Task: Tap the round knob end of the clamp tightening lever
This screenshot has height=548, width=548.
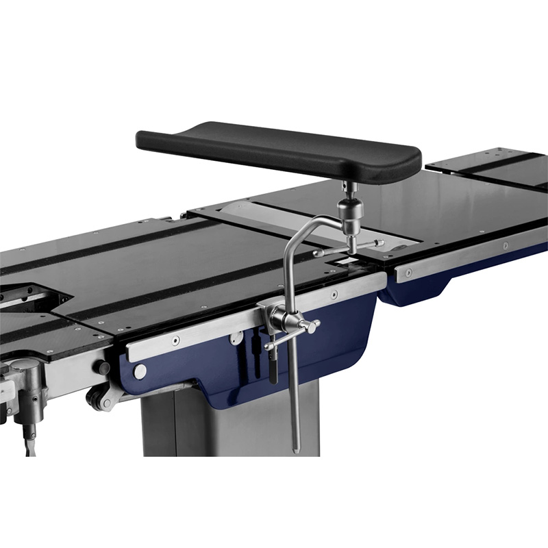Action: coord(313,327)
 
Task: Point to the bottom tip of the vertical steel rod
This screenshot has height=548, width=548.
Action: coord(296,450)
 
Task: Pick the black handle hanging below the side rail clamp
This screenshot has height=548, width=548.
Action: coord(271,366)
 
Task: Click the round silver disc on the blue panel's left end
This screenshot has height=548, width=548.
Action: coord(140,371)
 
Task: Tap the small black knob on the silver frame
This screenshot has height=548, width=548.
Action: coord(104,369)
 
